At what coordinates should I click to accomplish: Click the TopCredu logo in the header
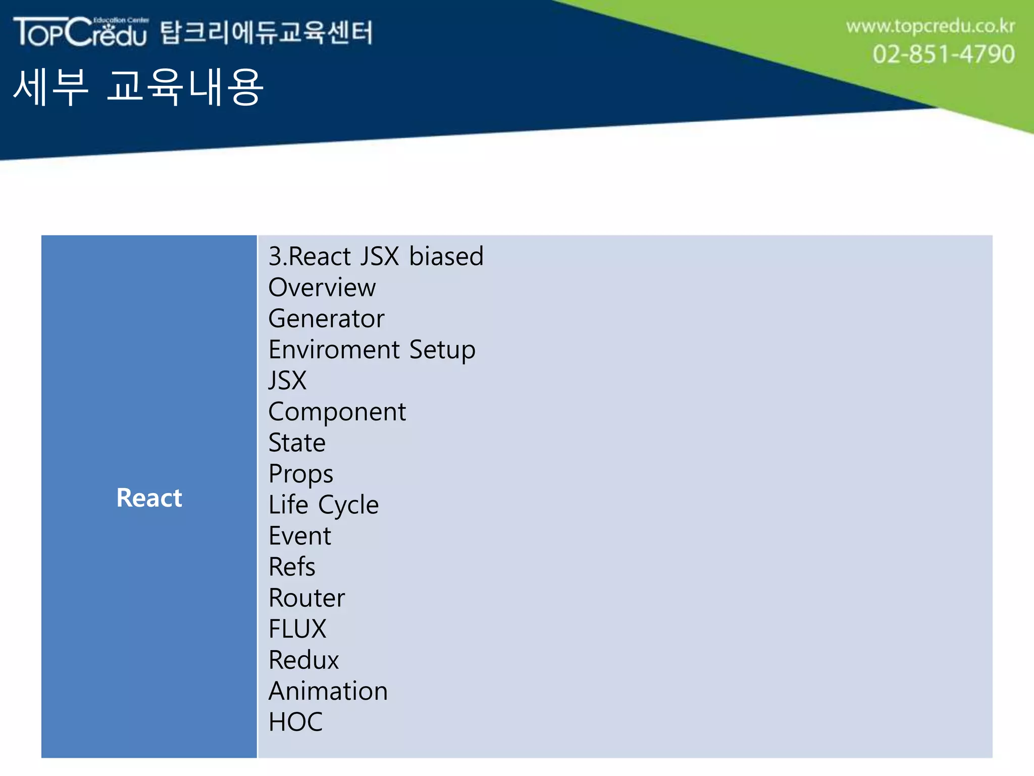pyautogui.click(x=81, y=32)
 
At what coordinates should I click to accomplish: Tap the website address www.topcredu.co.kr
pyautogui.click(x=930, y=26)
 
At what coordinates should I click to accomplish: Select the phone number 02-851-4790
pyautogui.click(x=943, y=54)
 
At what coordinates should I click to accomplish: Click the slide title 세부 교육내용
pyautogui.click(x=138, y=87)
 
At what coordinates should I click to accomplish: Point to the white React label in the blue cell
pyautogui.click(x=149, y=498)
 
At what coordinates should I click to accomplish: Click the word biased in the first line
pyautogui.click(x=446, y=256)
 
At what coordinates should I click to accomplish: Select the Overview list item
pyautogui.click(x=322, y=287)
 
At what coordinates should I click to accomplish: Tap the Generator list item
pyautogui.click(x=326, y=319)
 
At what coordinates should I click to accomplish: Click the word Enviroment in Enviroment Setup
pyautogui.click(x=334, y=350)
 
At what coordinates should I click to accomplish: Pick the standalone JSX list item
pyautogui.click(x=287, y=380)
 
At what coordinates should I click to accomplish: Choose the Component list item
pyautogui.click(x=337, y=412)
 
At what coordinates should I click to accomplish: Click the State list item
pyautogui.click(x=297, y=443)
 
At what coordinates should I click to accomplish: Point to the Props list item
pyautogui.click(x=300, y=474)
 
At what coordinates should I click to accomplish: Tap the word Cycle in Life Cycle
pyautogui.click(x=348, y=505)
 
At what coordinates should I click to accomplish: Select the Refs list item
pyautogui.click(x=292, y=567)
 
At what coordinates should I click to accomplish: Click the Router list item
pyautogui.click(x=306, y=598)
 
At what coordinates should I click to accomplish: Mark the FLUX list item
pyautogui.click(x=297, y=629)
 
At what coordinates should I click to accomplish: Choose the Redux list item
pyautogui.click(x=303, y=660)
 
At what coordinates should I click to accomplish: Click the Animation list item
pyautogui.click(x=328, y=691)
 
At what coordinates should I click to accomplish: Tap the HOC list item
pyautogui.click(x=295, y=722)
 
